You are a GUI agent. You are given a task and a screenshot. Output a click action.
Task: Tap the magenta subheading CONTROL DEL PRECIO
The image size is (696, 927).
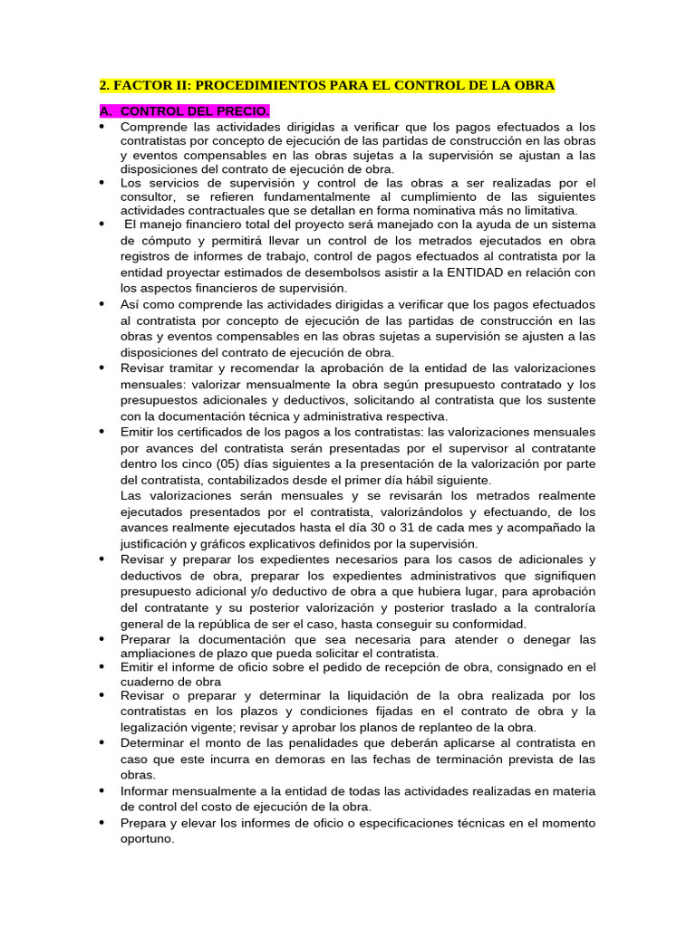coord(194,111)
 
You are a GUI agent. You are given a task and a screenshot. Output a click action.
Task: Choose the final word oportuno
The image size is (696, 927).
coord(147,839)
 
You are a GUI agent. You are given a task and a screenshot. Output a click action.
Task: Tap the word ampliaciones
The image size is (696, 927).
coord(161,653)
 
